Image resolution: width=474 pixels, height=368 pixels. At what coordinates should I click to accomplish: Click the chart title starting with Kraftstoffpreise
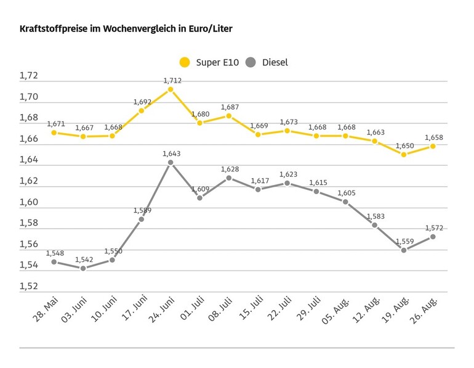tap(126, 29)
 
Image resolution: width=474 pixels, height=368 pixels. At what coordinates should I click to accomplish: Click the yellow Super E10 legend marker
tap(185, 62)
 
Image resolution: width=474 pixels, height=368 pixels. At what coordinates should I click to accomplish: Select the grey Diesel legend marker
tap(251, 62)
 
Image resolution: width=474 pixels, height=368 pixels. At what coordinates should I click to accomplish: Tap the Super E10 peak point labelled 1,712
tap(171, 89)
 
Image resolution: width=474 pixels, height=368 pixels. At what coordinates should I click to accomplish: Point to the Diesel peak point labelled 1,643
tap(171, 162)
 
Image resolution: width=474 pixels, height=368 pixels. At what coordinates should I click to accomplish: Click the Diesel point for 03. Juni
tap(83, 268)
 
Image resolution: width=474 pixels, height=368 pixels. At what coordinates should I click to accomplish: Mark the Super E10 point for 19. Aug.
tap(404, 155)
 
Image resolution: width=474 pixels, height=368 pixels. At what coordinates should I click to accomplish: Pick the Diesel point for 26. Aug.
tap(433, 237)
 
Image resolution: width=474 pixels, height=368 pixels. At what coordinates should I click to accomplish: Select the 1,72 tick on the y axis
tap(29, 76)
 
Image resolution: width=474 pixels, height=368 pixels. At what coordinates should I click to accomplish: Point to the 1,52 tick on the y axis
tap(29, 287)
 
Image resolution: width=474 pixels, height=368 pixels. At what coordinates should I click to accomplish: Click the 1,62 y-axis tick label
tap(29, 181)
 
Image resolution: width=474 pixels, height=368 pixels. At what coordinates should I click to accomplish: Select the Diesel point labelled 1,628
tap(229, 178)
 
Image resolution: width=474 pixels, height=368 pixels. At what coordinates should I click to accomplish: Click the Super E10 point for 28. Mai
tap(54, 133)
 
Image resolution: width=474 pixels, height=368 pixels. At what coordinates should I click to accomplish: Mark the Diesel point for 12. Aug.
tap(374, 225)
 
